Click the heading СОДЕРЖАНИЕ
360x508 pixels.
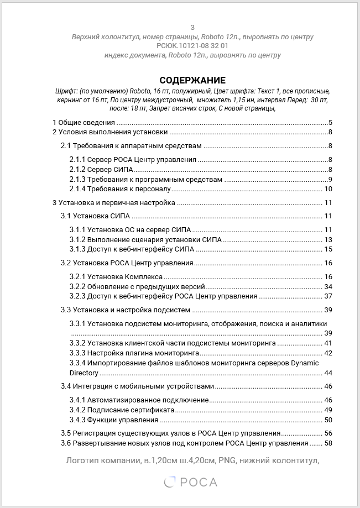coord(192,80)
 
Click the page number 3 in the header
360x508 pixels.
coord(192,27)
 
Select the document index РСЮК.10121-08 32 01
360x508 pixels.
coord(192,46)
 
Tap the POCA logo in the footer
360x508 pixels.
coord(191,483)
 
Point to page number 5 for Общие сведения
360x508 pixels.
coord(330,123)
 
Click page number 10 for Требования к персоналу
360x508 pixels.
coord(328,190)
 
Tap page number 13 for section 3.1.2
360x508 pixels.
coord(328,239)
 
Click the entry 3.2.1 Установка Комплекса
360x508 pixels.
coord(116,276)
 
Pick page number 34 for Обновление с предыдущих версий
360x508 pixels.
coord(328,286)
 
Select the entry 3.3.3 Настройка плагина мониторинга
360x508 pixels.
coord(134,353)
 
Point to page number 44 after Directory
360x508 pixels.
coord(328,373)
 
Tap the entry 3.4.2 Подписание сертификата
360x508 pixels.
coord(122,410)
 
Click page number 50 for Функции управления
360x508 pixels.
coord(328,420)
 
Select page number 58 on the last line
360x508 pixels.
coord(328,443)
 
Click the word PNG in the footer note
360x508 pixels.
coord(227,460)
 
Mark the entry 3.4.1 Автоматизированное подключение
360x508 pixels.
coord(139,400)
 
